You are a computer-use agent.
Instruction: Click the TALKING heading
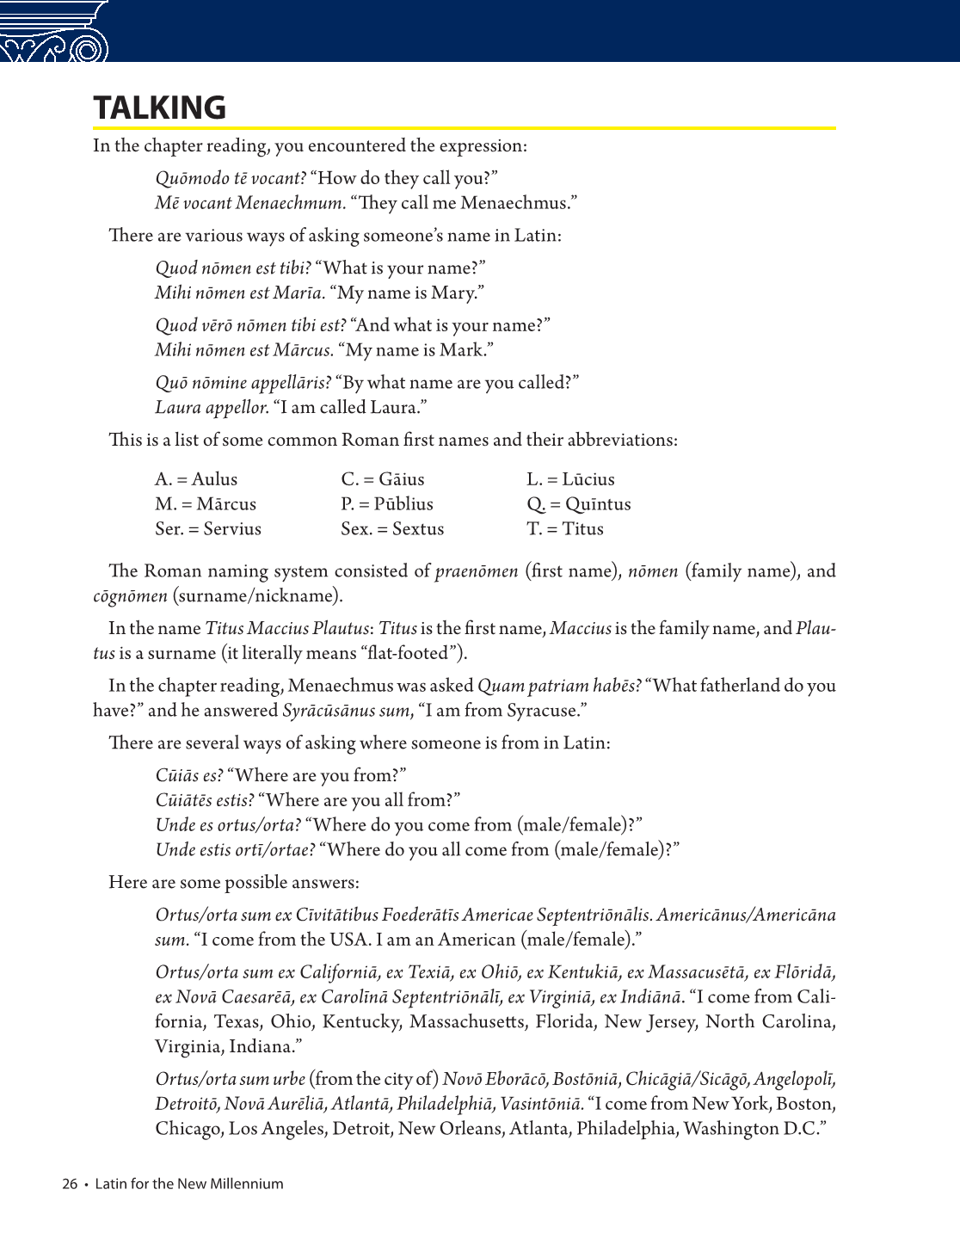pyautogui.click(x=160, y=108)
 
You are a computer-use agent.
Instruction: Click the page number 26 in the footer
pyautogui.click(x=70, y=1184)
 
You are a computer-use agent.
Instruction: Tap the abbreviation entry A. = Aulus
pyautogui.click(x=196, y=479)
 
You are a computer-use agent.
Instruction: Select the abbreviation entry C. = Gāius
pyautogui.click(x=383, y=479)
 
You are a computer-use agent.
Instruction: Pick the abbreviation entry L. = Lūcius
pyautogui.click(x=570, y=479)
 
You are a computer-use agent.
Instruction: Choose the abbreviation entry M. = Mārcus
pyautogui.click(x=206, y=504)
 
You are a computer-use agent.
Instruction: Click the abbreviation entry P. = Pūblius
pyautogui.click(x=387, y=504)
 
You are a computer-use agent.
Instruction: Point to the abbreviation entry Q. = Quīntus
pyautogui.click(x=579, y=504)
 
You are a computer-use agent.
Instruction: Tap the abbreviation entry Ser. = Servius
pyautogui.click(x=208, y=529)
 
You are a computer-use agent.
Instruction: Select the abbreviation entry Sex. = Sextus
pyautogui.click(x=392, y=529)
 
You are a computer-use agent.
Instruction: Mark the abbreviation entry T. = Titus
pyautogui.click(x=565, y=529)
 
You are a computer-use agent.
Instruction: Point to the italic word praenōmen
pyautogui.click(x=477, y=571)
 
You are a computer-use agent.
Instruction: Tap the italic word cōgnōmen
pyautogui.click(x=130, y=596)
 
